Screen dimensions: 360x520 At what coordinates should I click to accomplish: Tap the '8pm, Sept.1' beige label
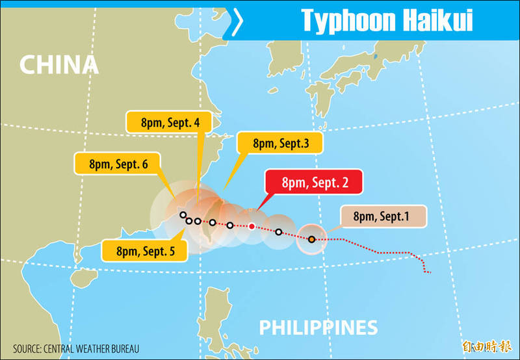(382, 216)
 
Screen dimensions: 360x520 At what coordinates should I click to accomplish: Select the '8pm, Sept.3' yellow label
(279, 144)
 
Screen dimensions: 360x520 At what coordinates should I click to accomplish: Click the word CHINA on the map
(58, 64)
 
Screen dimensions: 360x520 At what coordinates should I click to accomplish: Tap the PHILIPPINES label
(318, 327)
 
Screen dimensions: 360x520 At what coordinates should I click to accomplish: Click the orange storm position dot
(312, 240)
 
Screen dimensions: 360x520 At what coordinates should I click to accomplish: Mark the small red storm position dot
(252, 227)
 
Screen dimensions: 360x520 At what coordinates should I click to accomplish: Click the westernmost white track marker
(183, 215)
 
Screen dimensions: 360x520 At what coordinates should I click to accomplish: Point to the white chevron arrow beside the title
(238, 21)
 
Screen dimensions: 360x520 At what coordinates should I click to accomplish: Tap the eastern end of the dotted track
(429, 272)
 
